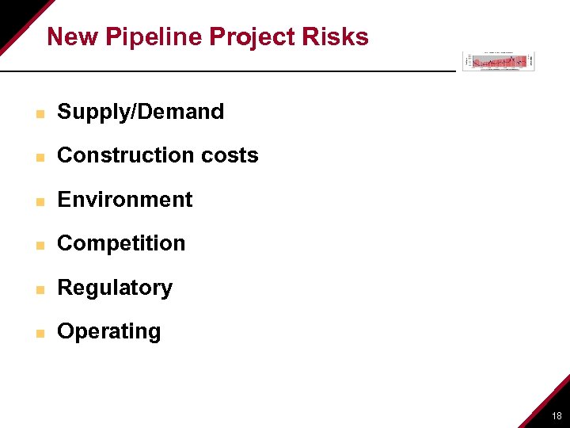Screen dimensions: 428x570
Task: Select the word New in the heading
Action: coord(73,37)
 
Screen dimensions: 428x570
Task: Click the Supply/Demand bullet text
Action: coord(141,112)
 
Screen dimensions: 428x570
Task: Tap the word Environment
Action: coord(125,200)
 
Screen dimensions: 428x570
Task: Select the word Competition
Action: coord(121,243)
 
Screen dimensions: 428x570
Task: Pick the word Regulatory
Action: coord(115,288)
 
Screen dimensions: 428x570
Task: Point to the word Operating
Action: coord(109,331)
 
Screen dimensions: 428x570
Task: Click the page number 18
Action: coord(557,415)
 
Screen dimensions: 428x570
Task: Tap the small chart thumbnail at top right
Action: coord(499,61)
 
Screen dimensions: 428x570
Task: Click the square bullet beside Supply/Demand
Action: coord(38,113)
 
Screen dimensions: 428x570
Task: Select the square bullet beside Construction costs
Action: coord(38,157)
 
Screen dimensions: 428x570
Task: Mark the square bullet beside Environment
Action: coord(38,201)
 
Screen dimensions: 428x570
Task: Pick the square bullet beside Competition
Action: coord(38,245)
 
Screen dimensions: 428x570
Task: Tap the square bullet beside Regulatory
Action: coord(38,289)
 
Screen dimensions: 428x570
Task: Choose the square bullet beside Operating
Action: coord(38,333)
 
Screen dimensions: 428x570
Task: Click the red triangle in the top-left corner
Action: coord(14,16)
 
